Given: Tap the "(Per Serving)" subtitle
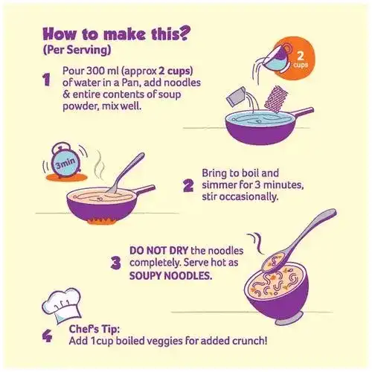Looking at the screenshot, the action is tap(77, 50).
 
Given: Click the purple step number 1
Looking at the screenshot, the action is tap(47, 80).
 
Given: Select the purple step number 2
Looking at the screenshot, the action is tap(188, 186).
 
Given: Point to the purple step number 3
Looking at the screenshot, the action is tap(116, 263).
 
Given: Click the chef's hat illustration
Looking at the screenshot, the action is tap(62, 306).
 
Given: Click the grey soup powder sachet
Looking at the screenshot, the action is tap(236, 97).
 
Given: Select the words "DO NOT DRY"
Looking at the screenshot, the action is tap(158, 251).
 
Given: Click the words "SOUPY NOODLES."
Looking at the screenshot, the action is tap(170, 275).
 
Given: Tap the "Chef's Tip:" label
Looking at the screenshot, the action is tap(94, 330).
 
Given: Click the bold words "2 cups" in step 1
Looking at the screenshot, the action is tap(176, 71).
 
